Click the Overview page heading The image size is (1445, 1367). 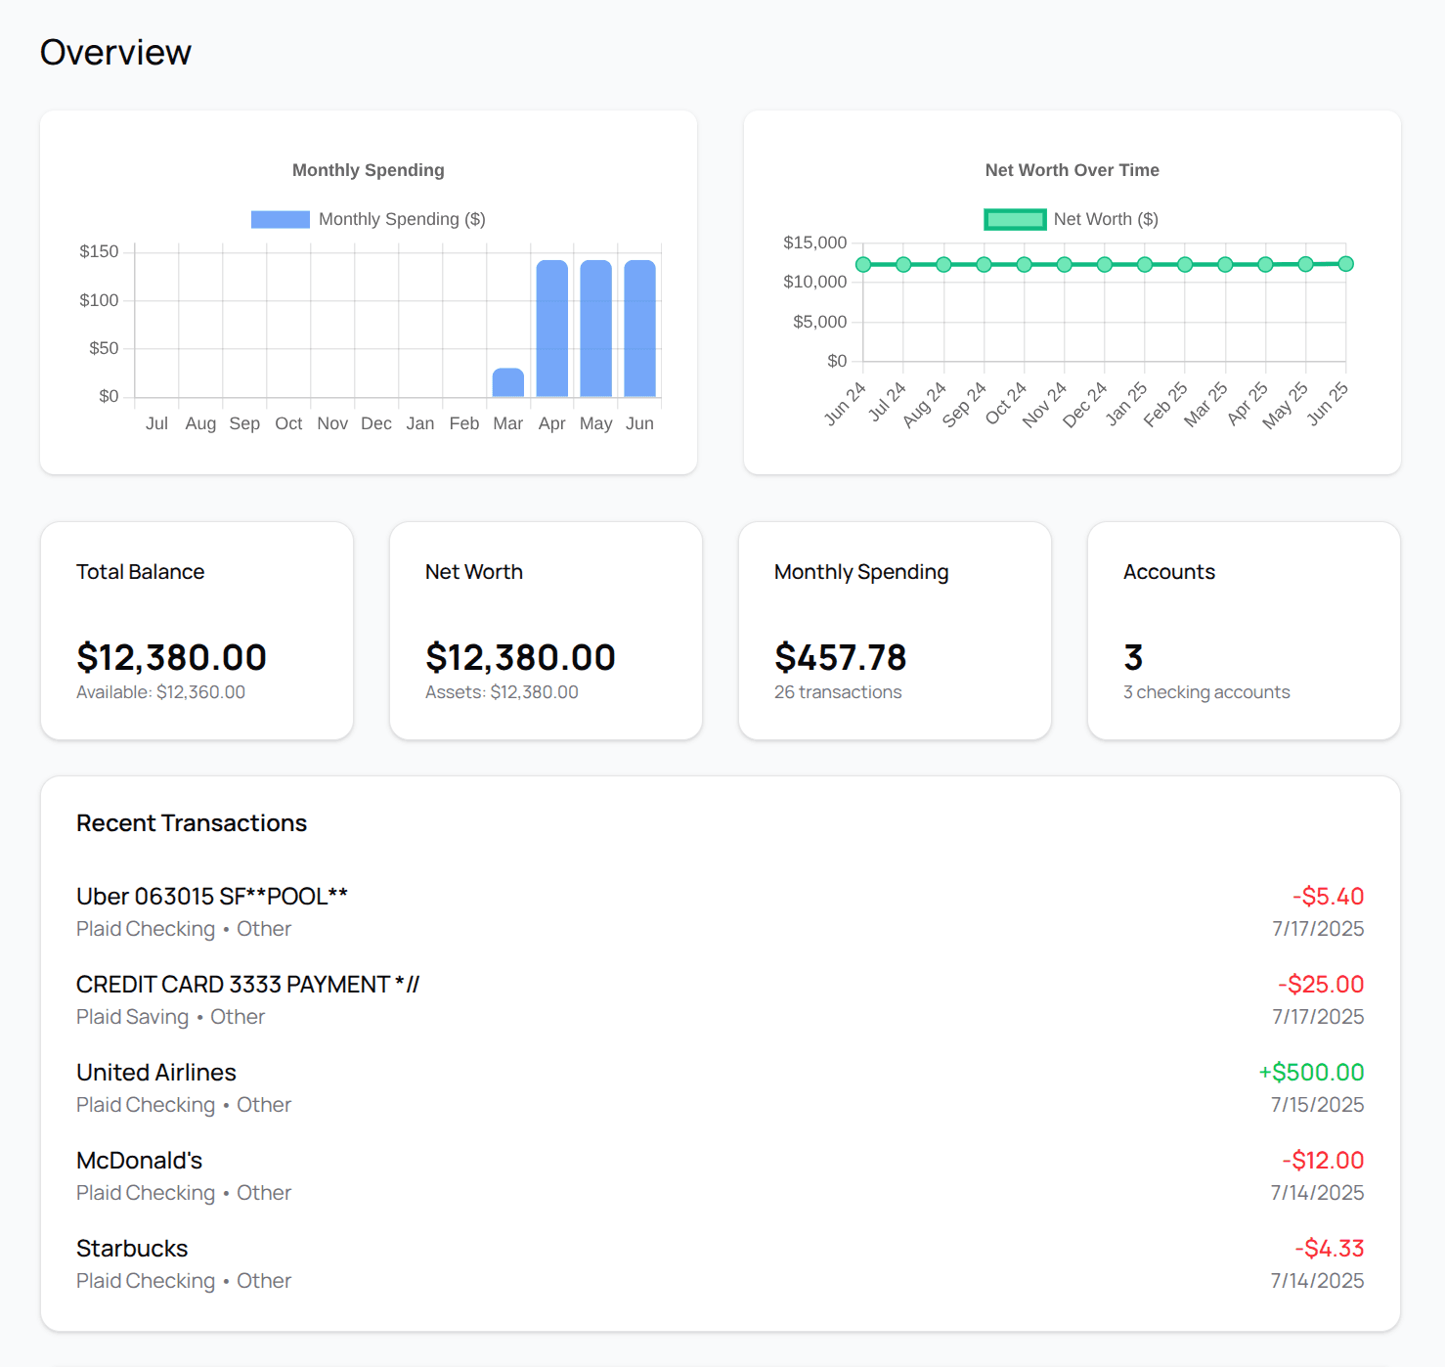point(115,53)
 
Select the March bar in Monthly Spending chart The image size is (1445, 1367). point(507,382)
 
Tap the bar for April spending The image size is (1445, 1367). point(552,329)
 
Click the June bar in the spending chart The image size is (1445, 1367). point(640,329)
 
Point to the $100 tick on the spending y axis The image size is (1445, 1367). point(99,300)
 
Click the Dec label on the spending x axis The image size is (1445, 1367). point(375,423)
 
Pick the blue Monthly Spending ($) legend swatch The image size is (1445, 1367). point(280,219)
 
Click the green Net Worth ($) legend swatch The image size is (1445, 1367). point(1015,219)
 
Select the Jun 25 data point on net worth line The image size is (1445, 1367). point(1345,264)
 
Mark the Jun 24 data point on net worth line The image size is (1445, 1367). point(863,265)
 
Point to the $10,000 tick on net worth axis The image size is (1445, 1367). point(814,282)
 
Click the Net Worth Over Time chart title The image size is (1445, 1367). point(1072,170)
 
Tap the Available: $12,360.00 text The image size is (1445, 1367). point(160,692)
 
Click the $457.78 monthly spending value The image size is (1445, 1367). point(840,657)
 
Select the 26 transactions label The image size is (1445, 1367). point(838,692)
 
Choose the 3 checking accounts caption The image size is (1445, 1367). point(1205,692)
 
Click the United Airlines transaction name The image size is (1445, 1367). point(156,1073)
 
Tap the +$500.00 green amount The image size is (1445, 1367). point(1310,1073)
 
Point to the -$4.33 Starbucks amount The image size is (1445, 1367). point(1329,1249)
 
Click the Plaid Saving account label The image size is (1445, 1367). point(132,1017)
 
